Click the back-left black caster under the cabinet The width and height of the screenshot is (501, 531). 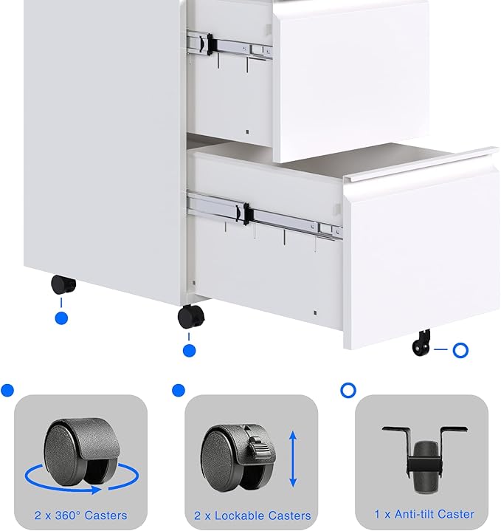(63, 285)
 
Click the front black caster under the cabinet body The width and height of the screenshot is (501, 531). (190, 318)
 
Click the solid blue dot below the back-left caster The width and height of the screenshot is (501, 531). (62, 318)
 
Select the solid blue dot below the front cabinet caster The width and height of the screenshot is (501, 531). (190, 351)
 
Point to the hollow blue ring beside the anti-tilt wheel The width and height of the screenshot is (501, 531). (460, 350)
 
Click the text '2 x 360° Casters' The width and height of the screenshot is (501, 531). (80, 515)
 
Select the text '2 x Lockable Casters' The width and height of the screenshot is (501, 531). (251, 515)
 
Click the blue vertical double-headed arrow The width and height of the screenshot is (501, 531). (293, 459)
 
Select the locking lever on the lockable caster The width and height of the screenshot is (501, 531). (256, 447)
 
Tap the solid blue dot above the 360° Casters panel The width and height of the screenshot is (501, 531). (7, 390)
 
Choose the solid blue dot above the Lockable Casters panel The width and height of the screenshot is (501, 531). (178, 390)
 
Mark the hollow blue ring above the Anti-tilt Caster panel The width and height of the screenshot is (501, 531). (348, 389)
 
